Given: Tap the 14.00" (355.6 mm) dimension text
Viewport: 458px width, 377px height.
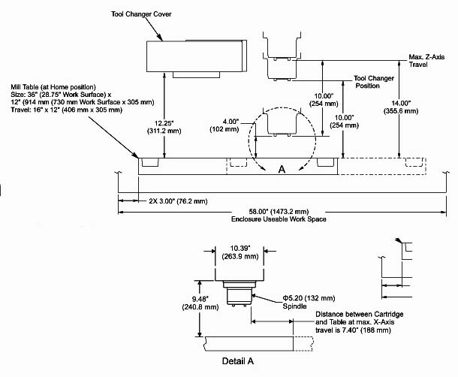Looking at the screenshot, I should [x=416, y=106].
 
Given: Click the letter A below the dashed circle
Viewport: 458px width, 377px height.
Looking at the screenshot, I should [x=282, y=170].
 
